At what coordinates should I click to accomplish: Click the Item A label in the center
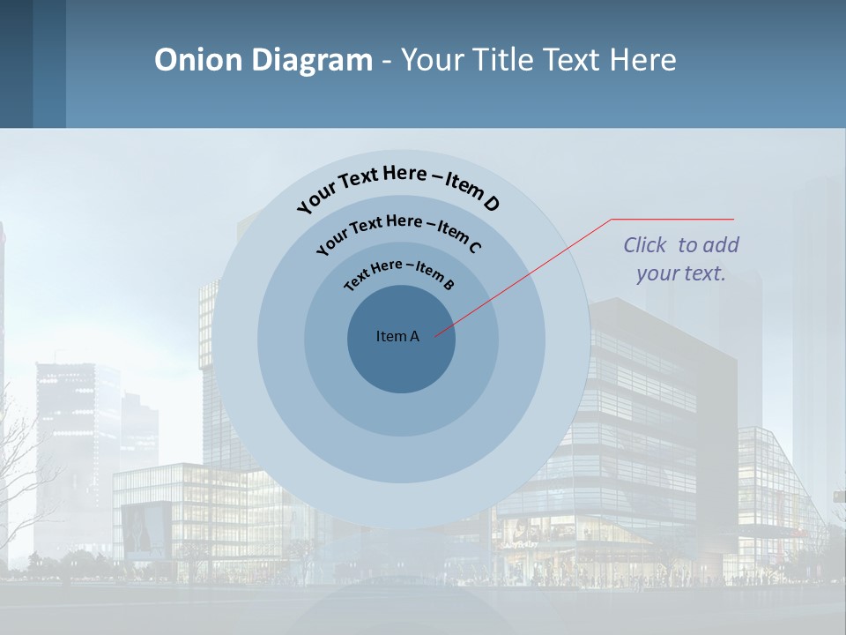397,336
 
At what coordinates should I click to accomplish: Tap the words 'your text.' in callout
680,273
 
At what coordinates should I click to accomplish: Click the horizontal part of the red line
672,219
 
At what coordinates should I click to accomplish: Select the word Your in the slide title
434,60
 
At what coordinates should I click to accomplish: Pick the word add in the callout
721,245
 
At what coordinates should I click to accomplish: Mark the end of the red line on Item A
435,335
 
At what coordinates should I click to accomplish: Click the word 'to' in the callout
688,245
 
